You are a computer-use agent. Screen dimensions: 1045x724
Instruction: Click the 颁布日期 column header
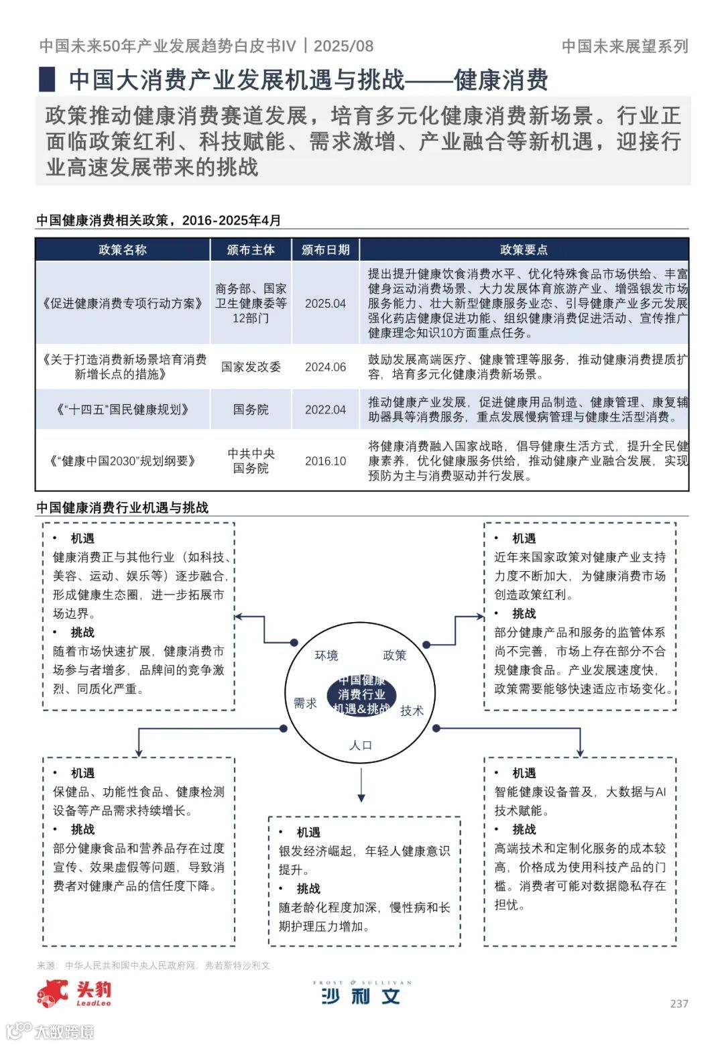(x=325, y=250)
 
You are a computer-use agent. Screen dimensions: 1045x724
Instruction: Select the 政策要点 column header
(x=524, y=250)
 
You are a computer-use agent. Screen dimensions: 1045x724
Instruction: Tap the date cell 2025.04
(x=325, y=304)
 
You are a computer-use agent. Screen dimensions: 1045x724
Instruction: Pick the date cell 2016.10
(x=325, y=461)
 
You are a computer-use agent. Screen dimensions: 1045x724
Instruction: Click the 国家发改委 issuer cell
(x=251, y=367)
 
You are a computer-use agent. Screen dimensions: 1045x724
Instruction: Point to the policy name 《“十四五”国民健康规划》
(x=122, y=410)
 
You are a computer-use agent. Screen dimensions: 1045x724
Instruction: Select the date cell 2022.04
(x=325, y=410)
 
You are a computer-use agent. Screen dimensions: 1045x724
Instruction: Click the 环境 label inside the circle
(x=326, y=656)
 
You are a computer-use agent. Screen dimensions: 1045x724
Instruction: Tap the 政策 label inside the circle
(x=394, y=656)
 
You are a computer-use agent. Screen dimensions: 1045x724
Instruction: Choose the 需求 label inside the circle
(x=305, y=703)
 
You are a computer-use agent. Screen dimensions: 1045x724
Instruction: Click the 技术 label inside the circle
(x=412, y=711)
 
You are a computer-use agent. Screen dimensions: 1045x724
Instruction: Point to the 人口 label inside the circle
(x=361, y=745)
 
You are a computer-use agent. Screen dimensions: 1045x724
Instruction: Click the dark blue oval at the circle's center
(x=361, y=695)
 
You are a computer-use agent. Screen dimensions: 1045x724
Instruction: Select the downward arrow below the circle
(x=361, y=785)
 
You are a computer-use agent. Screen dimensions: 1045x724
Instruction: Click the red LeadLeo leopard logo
(x=54, y=993)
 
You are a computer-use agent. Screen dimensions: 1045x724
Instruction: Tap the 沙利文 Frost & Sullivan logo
(x=361, y=993)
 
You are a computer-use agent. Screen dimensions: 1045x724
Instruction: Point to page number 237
(x=679, y=1004)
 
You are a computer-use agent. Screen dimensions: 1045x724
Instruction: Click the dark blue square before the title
(x=46, y=80)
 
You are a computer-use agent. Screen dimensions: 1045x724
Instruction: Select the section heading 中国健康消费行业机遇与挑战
(x=123, y=507)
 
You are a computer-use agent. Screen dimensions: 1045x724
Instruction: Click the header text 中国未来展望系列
(x=625, y=46)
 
